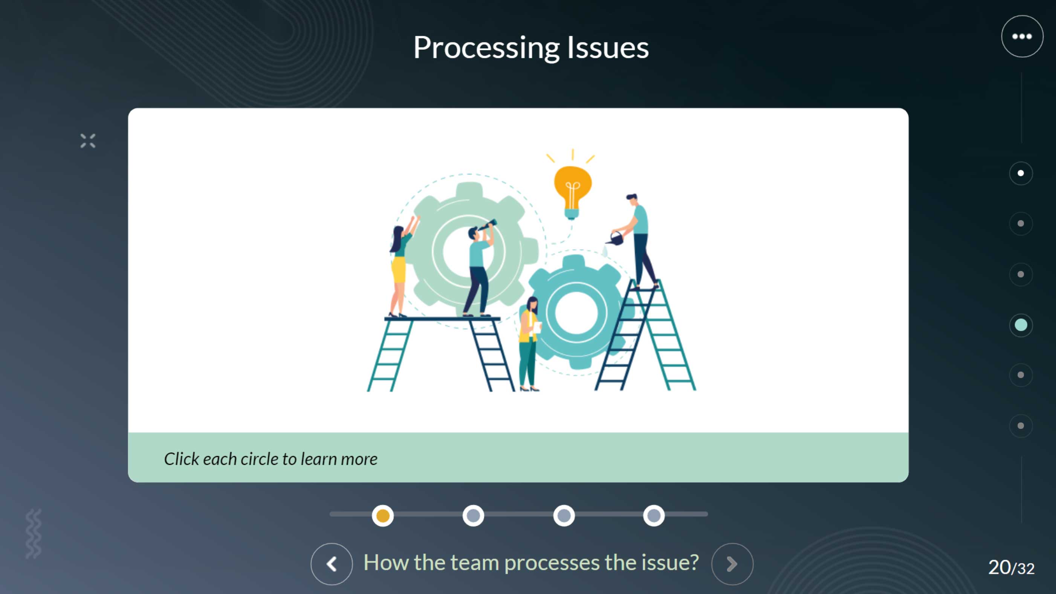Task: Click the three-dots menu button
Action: tap(1022, 37)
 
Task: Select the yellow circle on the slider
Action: tap(382, 516)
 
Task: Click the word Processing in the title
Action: tap(487, 48)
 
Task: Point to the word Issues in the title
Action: tap(608, 47)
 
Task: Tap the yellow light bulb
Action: tap(572, 192)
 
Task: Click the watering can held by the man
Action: tap(615, 238)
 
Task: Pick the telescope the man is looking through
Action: tap(488, 226)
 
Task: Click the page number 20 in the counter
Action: tap(999, 567)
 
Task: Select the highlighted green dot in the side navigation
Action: tap(1021, 325)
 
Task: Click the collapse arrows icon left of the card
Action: tap(88, 140)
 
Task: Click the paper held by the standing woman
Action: tap(536, 327)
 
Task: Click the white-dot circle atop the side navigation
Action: tap(1021, 173)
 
